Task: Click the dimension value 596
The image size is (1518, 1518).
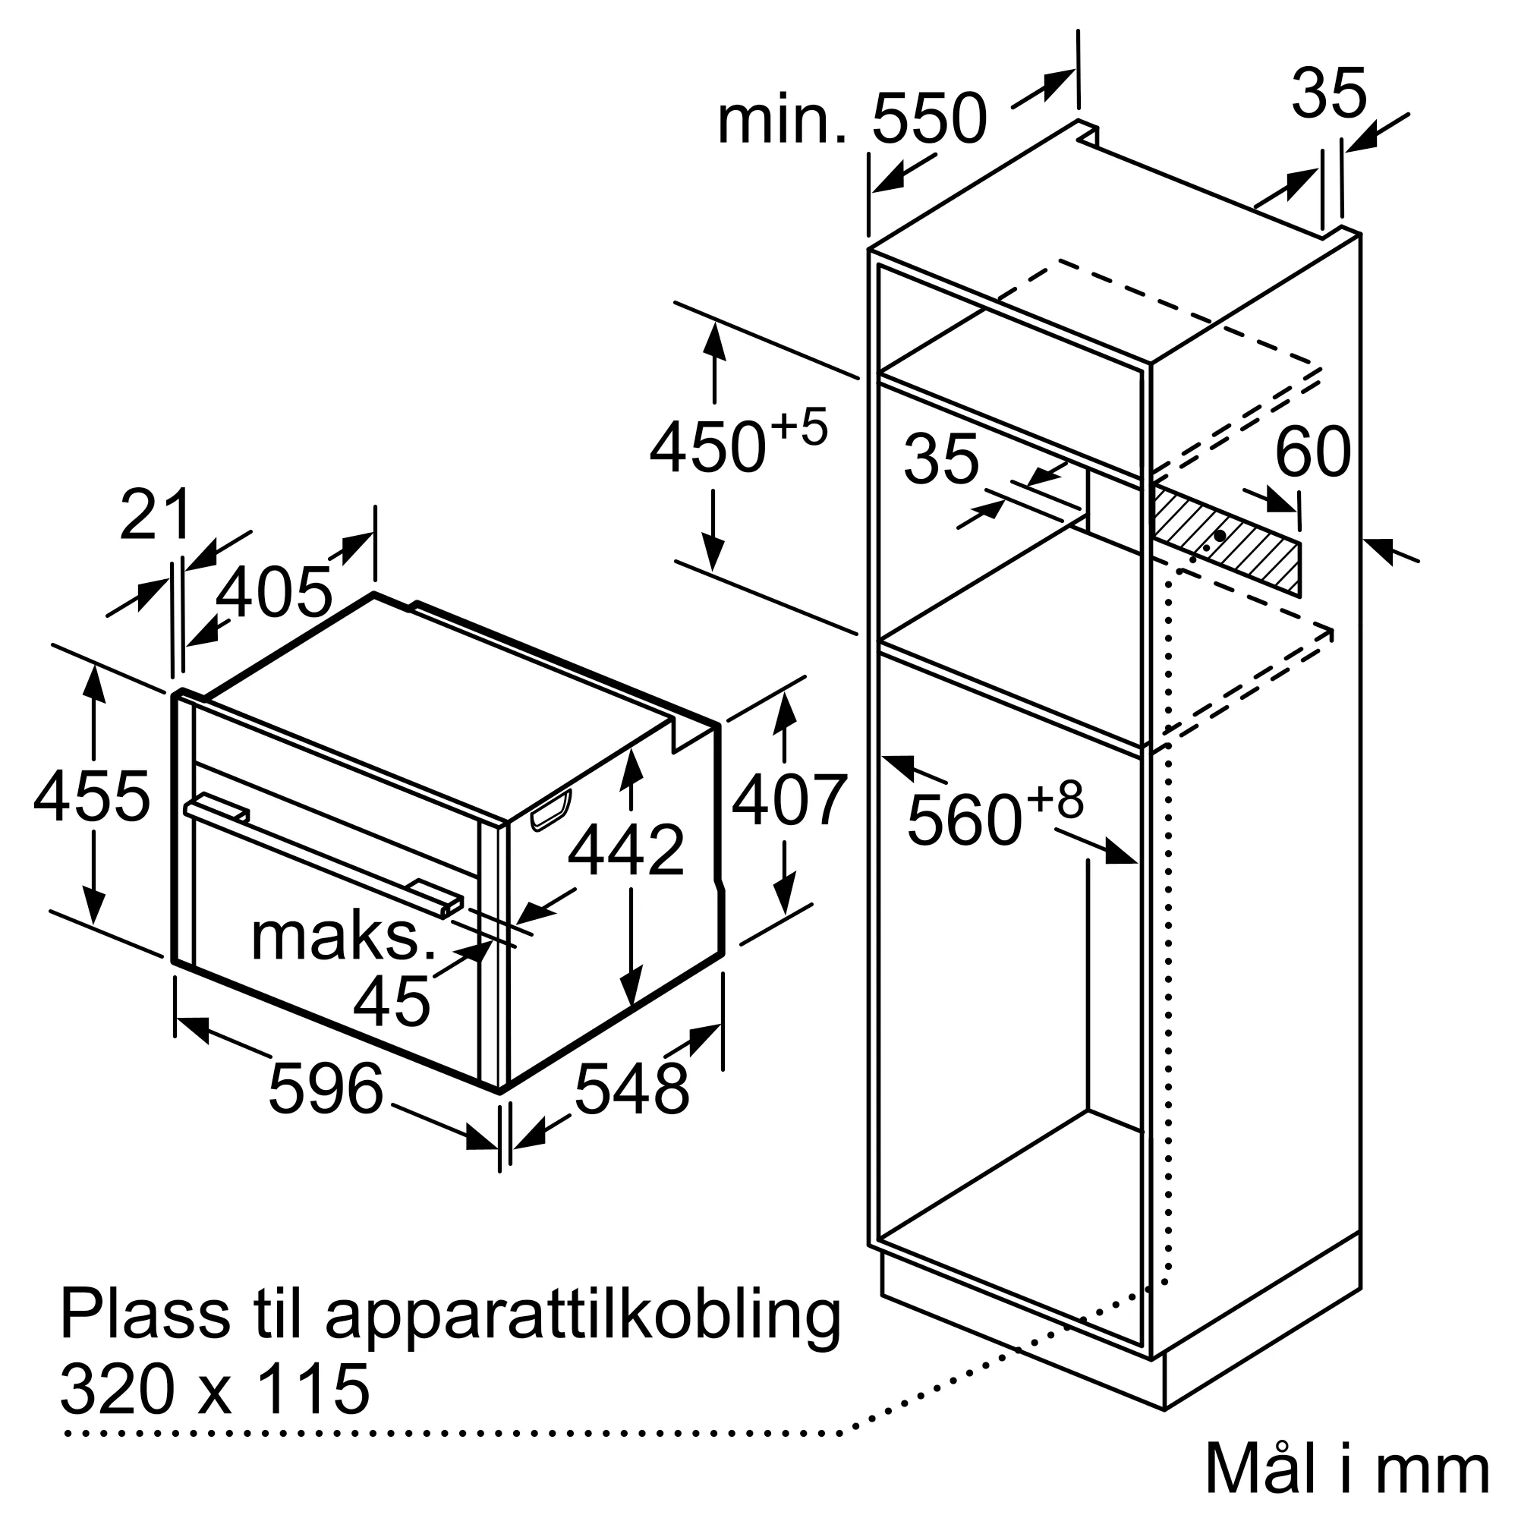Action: pyautogui.click(x=326, y=1088)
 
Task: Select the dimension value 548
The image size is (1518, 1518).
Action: pyautogui.click(x=631, y=1088)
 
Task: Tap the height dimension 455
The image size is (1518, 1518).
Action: pyautogui.click(x=91, y=797)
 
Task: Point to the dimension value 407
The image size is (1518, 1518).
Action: pyautogui.click(x=789, y=801)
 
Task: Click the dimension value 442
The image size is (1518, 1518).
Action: pyautogui.click(x=626, y=850)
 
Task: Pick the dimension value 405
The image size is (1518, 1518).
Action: pyautogui.click(x=273, y=593)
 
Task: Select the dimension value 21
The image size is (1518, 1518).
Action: pyautogui.click(x=156, y=515)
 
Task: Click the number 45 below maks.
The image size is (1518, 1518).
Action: pyautogui.click(x=392, y=1002)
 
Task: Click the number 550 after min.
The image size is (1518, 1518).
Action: pyautogui.click(x=929, y=118)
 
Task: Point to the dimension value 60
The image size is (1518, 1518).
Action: pyautogui.click(x=1312, y=452)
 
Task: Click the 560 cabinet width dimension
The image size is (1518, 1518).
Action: pyautogui.click(x=965, y=820)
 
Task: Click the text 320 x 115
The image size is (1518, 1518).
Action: pyautogui.click(x=215, y=1388)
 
